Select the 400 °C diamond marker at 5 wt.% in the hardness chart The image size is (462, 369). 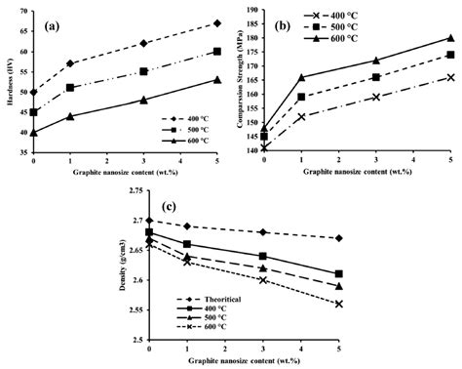pyautogui.click(x=216, y=22)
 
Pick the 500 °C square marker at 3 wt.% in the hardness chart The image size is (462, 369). pyautogui.click(x=143, y=71)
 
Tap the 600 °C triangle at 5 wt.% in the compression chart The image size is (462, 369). pyautogui.click(x=450, y=38)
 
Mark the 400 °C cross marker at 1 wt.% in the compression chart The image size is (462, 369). pyautogui.click(x=302, y=117)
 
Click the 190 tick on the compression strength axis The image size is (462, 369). pyautogui.click(x=251, y=10)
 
